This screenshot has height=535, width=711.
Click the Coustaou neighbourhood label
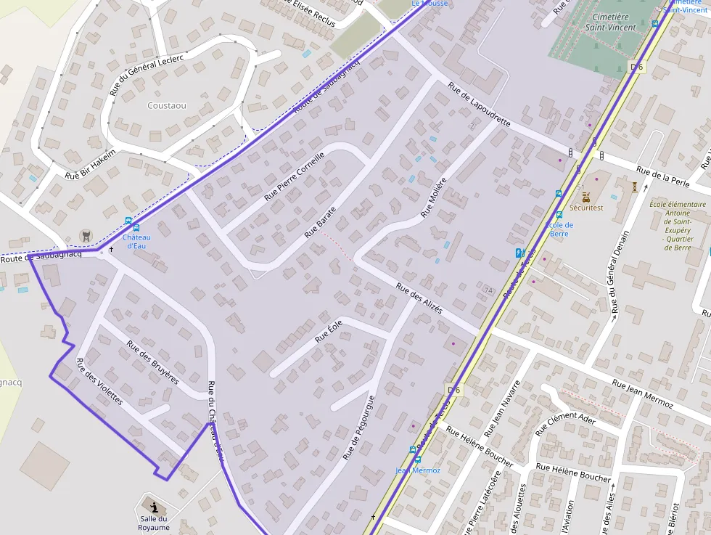pos(167,105)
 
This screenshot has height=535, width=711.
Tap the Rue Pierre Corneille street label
pos(295,176)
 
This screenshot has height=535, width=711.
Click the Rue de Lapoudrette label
pos(479,105)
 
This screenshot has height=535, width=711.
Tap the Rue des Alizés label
pos(419,298)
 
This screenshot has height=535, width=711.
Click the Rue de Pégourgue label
pos(358,428)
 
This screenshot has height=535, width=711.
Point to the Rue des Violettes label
pos(99,382)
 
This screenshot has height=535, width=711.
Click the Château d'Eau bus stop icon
pos(128,222)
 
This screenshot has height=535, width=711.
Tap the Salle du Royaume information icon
pos(154,507)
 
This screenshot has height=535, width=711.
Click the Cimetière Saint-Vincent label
pos(610,22)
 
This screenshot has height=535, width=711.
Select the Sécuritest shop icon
pos(586,197)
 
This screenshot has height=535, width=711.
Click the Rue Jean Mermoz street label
pos(642,393)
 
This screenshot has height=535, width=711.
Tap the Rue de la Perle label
pos(662,176)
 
